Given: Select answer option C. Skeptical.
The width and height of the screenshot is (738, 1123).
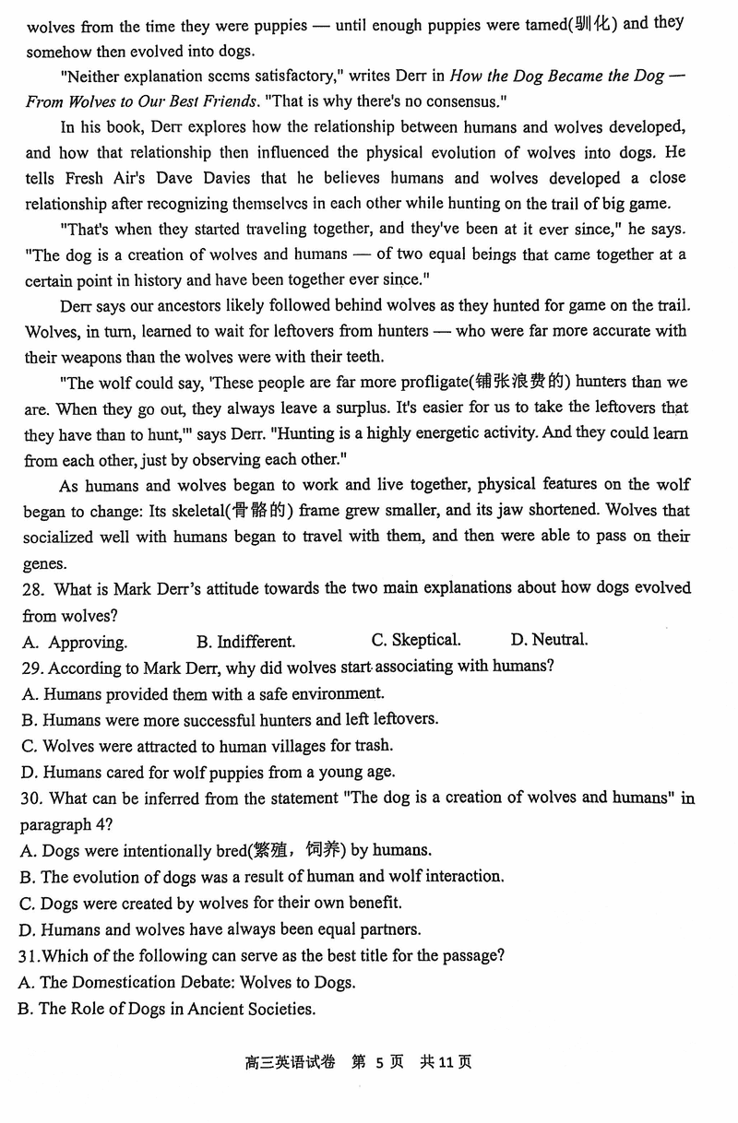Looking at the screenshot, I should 416,640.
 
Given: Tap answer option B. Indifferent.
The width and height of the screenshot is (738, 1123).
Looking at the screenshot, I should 245,641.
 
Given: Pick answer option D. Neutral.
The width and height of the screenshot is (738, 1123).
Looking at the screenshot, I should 549,639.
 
